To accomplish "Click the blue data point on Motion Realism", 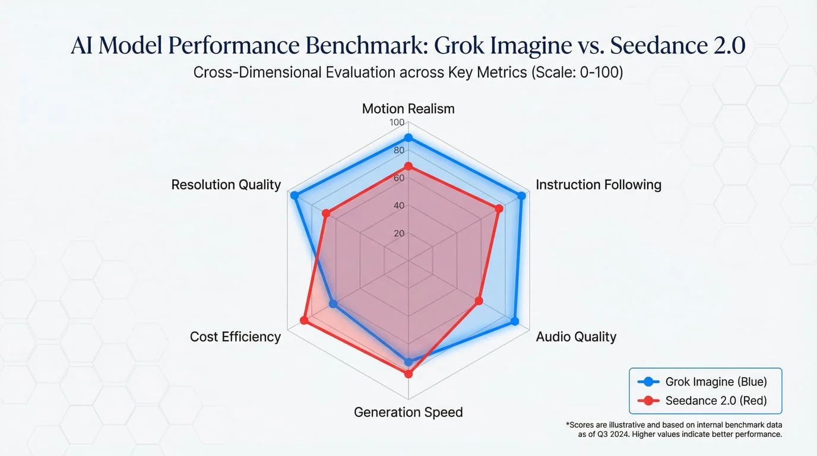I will pyautogui.click(x=408, y=138).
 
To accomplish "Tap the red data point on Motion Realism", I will pyautogui.click(x=408, y=166).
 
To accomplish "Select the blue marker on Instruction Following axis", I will pyautogui.click(x=522, y=195).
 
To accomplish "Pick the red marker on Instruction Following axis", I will pyautogui.click(x=499, y=208).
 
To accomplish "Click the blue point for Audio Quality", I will pyautogui.click(x=515, y=321).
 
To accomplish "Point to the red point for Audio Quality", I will pyautogui.click(x=479, y=302).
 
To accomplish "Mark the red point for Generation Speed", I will pyautogui.click(x=408, y=374).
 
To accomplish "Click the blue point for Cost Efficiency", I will pyautogui.click(x=333, y=304).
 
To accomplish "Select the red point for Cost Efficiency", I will pyautogui.click(x=304, y=321).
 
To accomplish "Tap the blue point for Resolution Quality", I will pyautogui.click(x=293, y=195).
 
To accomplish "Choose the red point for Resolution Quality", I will pyautogui.click(x=325, y=213).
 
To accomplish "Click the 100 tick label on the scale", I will pyautogui.click(x=397, y=123).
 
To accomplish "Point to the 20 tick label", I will pyautogui.click(x=399, y=233).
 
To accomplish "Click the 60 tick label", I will pyautogui.click(x=398, y=178).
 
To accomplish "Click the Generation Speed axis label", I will pyautogui.click(x=408, y=412).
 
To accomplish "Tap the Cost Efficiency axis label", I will pyautogui.click(x=235, y=337).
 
